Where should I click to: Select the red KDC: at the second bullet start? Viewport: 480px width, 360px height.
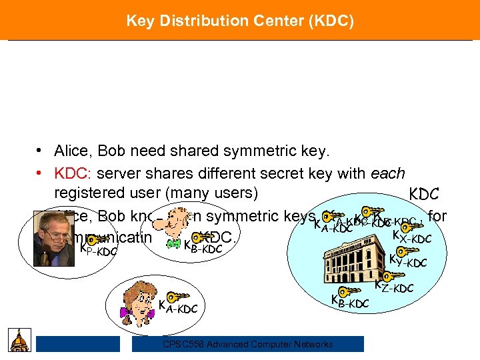coord(73,173)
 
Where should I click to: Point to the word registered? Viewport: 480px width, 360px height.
coord(87,194)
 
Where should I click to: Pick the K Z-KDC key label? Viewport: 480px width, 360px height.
coord(394,287)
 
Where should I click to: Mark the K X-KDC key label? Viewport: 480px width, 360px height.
coord(412,237)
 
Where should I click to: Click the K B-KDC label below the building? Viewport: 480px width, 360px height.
coord(350,301)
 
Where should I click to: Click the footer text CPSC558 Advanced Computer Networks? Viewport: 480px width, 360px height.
coord(248,344)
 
